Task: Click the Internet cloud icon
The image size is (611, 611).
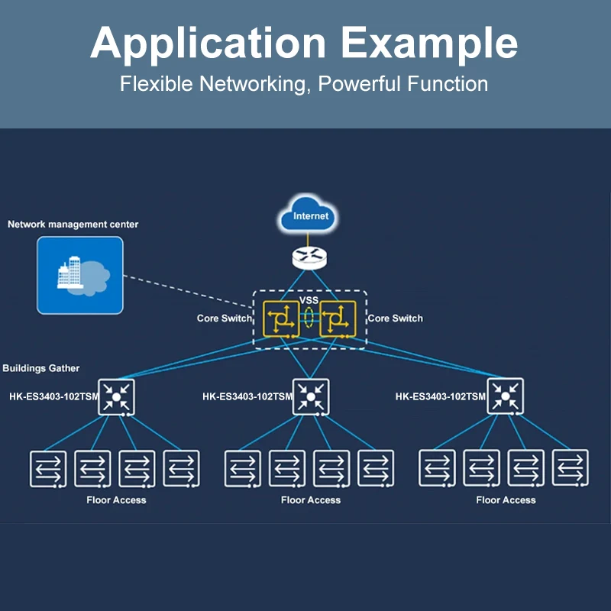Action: [309, 216]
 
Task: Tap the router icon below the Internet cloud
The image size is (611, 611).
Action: [309, 257]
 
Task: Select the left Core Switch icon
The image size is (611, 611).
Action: [281, 319]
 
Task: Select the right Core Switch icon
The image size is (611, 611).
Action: [338, 319]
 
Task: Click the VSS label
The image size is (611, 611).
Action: [309, 300]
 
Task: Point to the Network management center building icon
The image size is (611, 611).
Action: [80, 275]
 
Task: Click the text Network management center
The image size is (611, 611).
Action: [73, 225]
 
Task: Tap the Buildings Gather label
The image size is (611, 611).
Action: [41, 368]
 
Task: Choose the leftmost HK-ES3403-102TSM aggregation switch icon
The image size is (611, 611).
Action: [116, 396]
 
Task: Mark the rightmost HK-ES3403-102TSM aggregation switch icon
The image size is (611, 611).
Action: [505, 396]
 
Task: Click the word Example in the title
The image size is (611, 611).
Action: [429, 43]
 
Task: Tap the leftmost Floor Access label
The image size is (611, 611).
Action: [116, 500]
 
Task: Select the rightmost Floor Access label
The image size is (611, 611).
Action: [506, 500]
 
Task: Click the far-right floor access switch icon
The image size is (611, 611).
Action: [571, 468]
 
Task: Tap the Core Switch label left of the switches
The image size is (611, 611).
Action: [224, 318]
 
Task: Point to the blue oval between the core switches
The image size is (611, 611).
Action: [309, 318]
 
